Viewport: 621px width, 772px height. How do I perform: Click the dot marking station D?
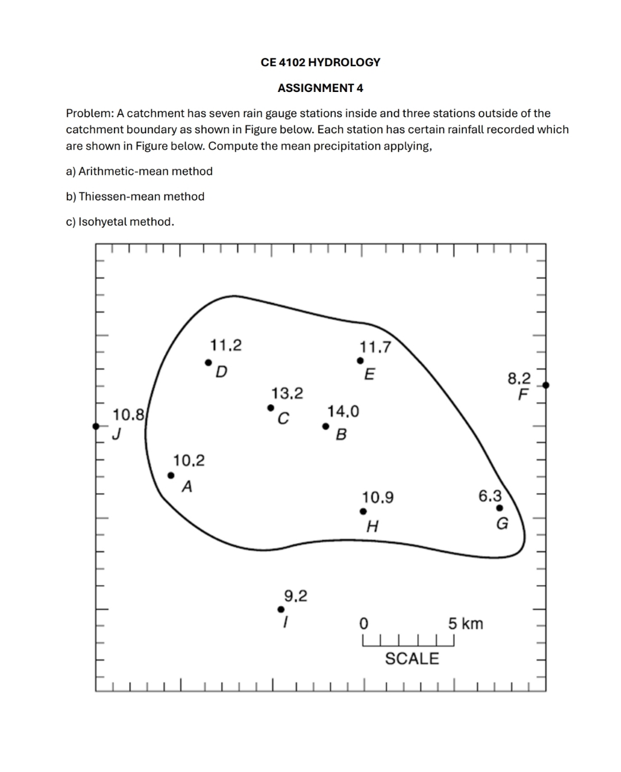(209, 363)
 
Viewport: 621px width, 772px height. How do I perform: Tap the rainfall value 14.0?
(343, 412)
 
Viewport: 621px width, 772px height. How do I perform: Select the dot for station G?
(499, 508)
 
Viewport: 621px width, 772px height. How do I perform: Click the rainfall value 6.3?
(490, 496)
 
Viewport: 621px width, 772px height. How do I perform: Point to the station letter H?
(372, 526)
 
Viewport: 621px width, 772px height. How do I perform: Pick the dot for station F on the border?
(546, 385)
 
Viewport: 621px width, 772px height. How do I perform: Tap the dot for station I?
(281, 609)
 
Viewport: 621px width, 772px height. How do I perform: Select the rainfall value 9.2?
(296, 596)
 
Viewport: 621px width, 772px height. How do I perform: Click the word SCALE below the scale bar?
(412, 659)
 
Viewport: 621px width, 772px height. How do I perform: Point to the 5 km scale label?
(466, 624)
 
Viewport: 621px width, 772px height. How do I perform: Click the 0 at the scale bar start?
(363, 624)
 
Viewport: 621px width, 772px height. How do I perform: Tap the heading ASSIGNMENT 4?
(320, 88)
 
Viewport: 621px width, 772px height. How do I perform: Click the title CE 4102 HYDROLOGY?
(320, 62)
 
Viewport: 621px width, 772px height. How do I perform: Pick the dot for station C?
(270, 408)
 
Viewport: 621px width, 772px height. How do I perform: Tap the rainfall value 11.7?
(375, 347)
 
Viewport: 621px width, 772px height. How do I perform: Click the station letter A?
(187, 487)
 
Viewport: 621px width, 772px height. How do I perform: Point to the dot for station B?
(325, 427)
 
